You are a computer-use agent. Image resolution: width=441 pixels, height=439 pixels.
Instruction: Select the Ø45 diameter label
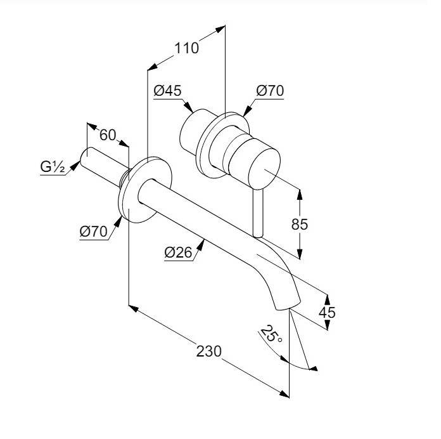[167, 91]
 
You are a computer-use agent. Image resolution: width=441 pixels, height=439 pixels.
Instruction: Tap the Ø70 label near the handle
[270, 91]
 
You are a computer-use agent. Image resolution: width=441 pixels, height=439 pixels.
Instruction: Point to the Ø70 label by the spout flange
[94, 232]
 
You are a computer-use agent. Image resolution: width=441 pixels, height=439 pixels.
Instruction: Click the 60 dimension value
[108, 134]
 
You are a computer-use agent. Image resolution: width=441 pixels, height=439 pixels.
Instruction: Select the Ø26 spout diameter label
[178, 252]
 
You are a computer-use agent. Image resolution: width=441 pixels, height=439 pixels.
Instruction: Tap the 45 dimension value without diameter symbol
[326, 313]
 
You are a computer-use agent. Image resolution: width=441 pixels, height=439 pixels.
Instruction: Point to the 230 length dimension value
[208, 351]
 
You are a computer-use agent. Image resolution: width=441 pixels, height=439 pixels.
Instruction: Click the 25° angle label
[271, 335]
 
